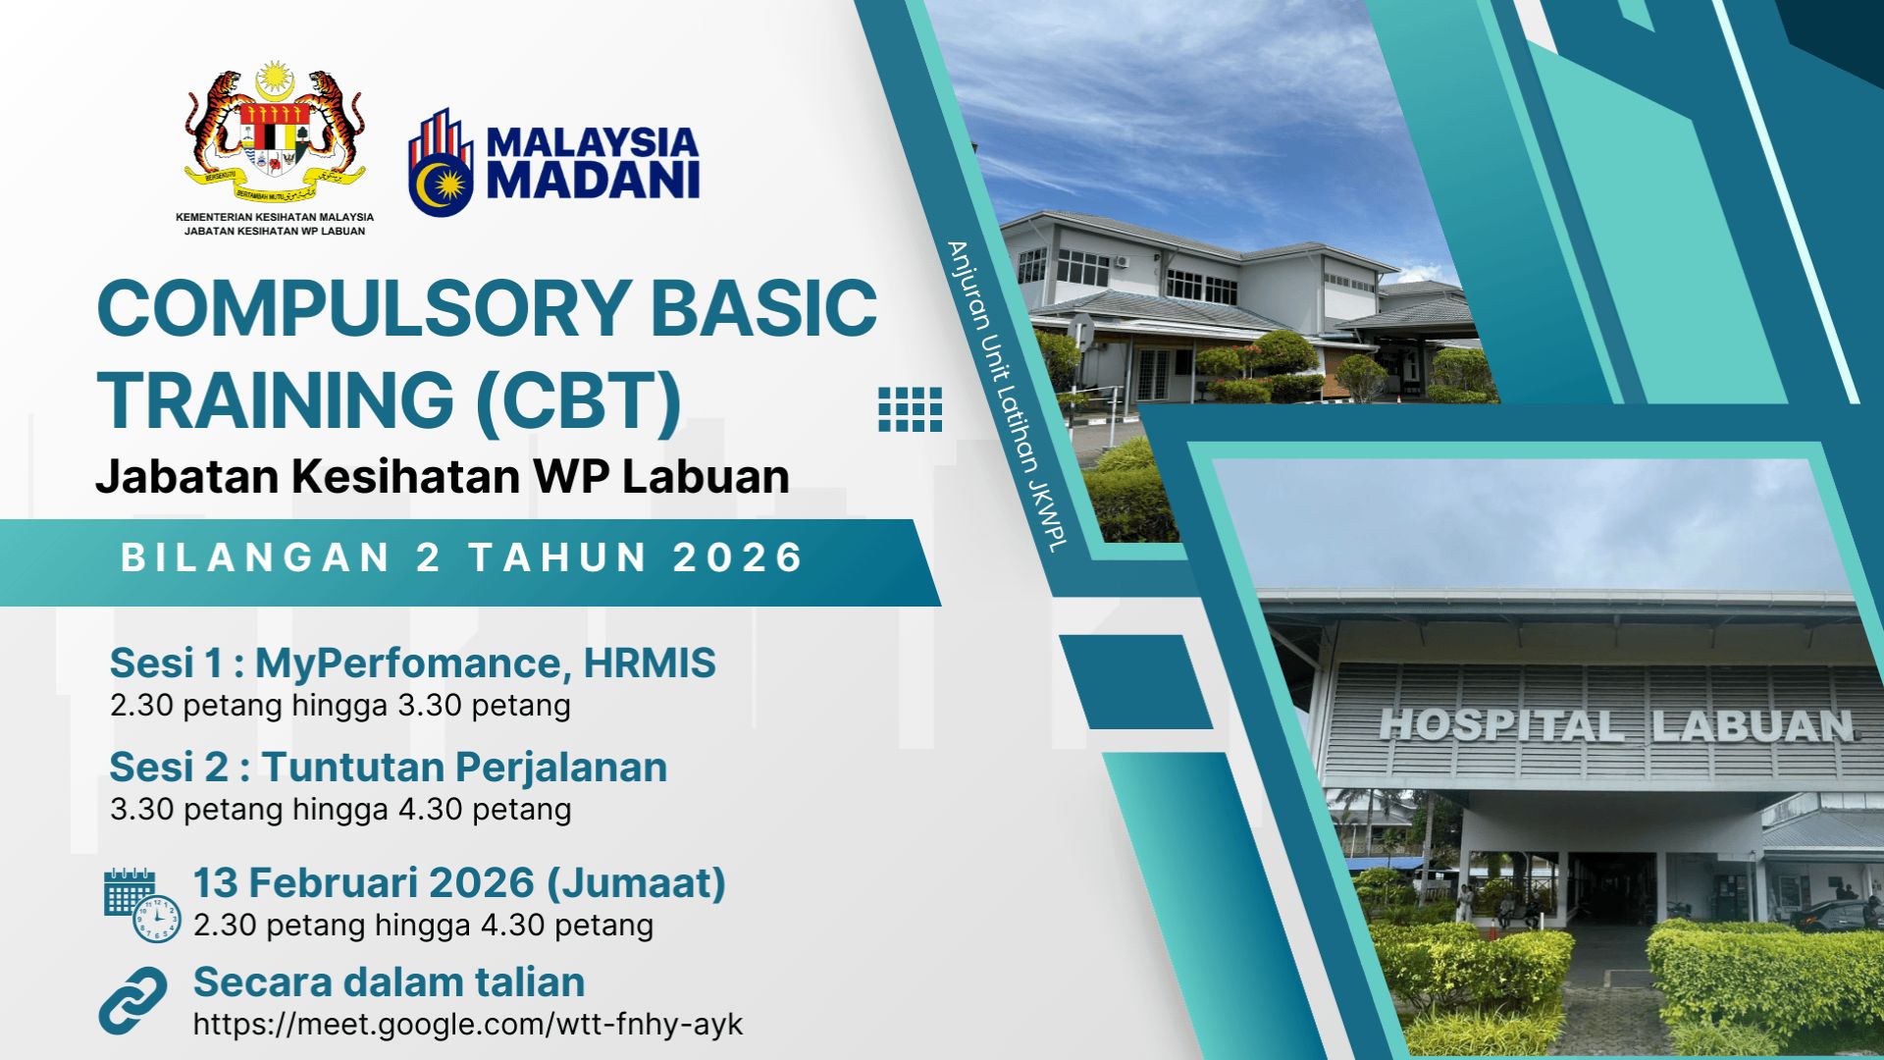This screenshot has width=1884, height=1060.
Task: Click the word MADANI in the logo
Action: tap(593, 180)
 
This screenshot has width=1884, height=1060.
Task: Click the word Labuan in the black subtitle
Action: tap(706, 477)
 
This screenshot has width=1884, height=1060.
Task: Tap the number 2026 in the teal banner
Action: tap(738, 557)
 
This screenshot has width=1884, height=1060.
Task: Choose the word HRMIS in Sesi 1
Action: tap(650, 663)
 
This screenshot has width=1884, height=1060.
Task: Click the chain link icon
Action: tap(133, 1000)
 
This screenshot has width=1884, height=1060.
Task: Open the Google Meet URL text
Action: tap(468, 1025)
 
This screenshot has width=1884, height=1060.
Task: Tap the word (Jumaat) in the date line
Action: tap(636, 883)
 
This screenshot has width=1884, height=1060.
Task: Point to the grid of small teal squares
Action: tap(910, 409)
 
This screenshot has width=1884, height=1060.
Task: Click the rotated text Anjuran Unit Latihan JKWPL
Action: tap(1006, 396)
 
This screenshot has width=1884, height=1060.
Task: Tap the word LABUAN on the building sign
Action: tap(1753, 726)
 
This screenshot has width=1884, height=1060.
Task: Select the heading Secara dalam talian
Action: tap(390, 982)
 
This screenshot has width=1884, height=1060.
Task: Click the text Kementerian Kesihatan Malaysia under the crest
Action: tap(275, 217)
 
